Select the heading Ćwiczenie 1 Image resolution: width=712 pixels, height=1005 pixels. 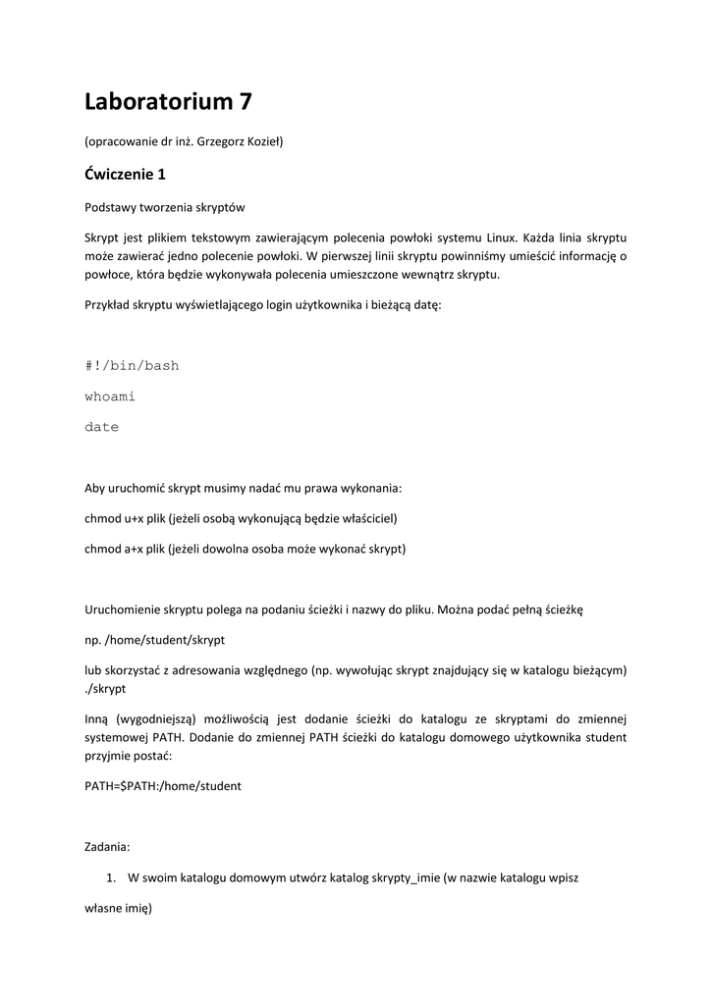(126, 175)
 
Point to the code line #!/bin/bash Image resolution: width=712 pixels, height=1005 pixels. (132, 366)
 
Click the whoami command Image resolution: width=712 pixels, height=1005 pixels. (110, 397)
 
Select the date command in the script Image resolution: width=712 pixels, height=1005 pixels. (102, 427)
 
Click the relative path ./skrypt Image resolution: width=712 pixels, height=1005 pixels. (106, 689)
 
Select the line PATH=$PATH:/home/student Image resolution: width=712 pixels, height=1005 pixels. (163, 786)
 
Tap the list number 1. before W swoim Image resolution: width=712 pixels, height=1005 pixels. (111, 878)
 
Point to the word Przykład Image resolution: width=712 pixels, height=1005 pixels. (109, 305)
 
